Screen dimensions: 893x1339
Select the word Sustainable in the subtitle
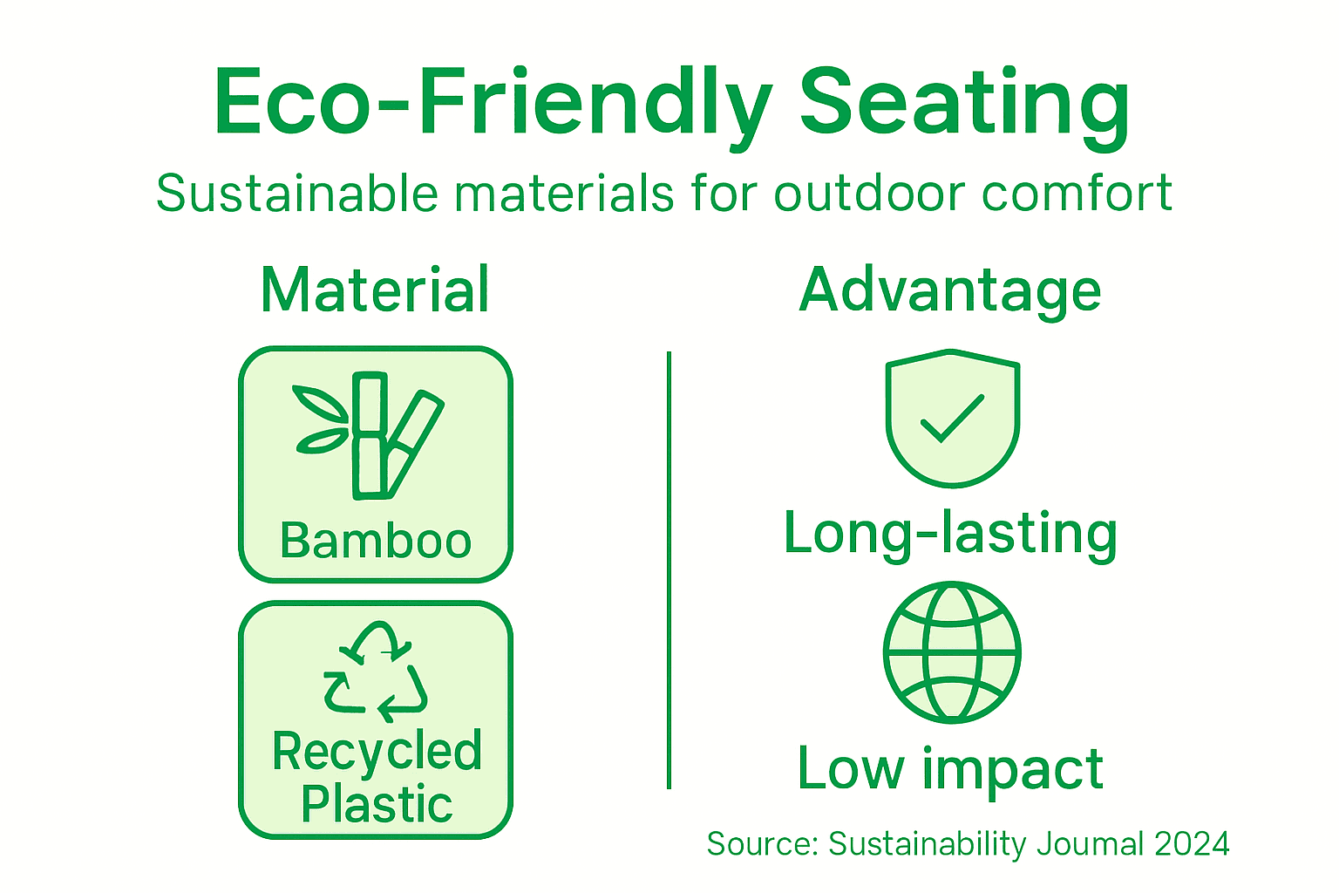pyautogui.click(x=296, y=193)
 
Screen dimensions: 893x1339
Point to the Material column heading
pyautogui.click(x=375, y=290)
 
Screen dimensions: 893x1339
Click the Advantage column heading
pyautogui.click(x=950, y=290)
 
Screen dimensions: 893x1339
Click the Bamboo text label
pyautogui.click(x=376, y=541)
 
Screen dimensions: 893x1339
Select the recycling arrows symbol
pyautogui.click(x=376, y=671)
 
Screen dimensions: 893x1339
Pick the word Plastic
pyautogui.click(x=377, y=804)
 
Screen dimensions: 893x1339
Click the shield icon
pyautogui.click(x=952, y=419)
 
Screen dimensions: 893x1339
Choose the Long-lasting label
pyautogui.click(x=950, y=534)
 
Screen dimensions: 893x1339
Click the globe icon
pyautogui.click(x=952, y=652)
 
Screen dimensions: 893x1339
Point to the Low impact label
pyautogui.click(x=950, y=769)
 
